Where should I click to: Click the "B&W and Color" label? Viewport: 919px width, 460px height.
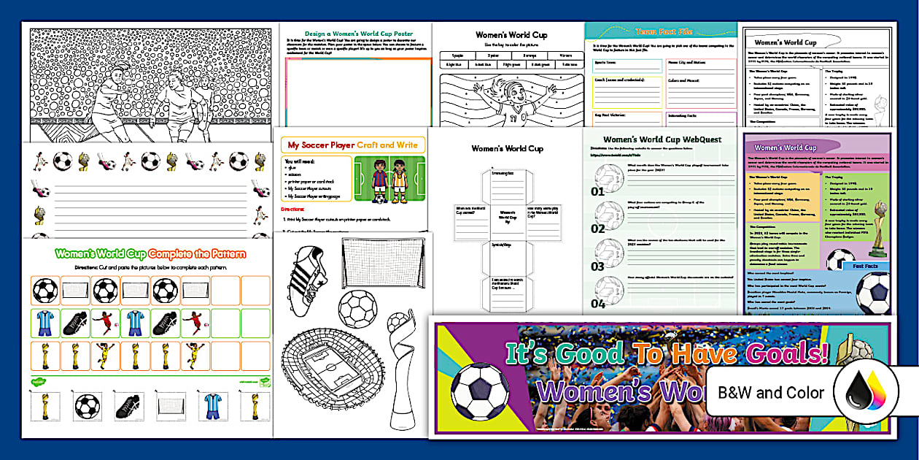(771, 393)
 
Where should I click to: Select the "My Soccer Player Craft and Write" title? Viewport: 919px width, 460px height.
(353, 145)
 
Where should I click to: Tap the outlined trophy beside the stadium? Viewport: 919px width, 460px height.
(400, 372)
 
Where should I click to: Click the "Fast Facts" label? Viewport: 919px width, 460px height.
(869, 267)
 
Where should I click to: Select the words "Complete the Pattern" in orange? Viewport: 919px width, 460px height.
(197, 254)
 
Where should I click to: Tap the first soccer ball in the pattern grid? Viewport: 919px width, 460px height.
(45, 291)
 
